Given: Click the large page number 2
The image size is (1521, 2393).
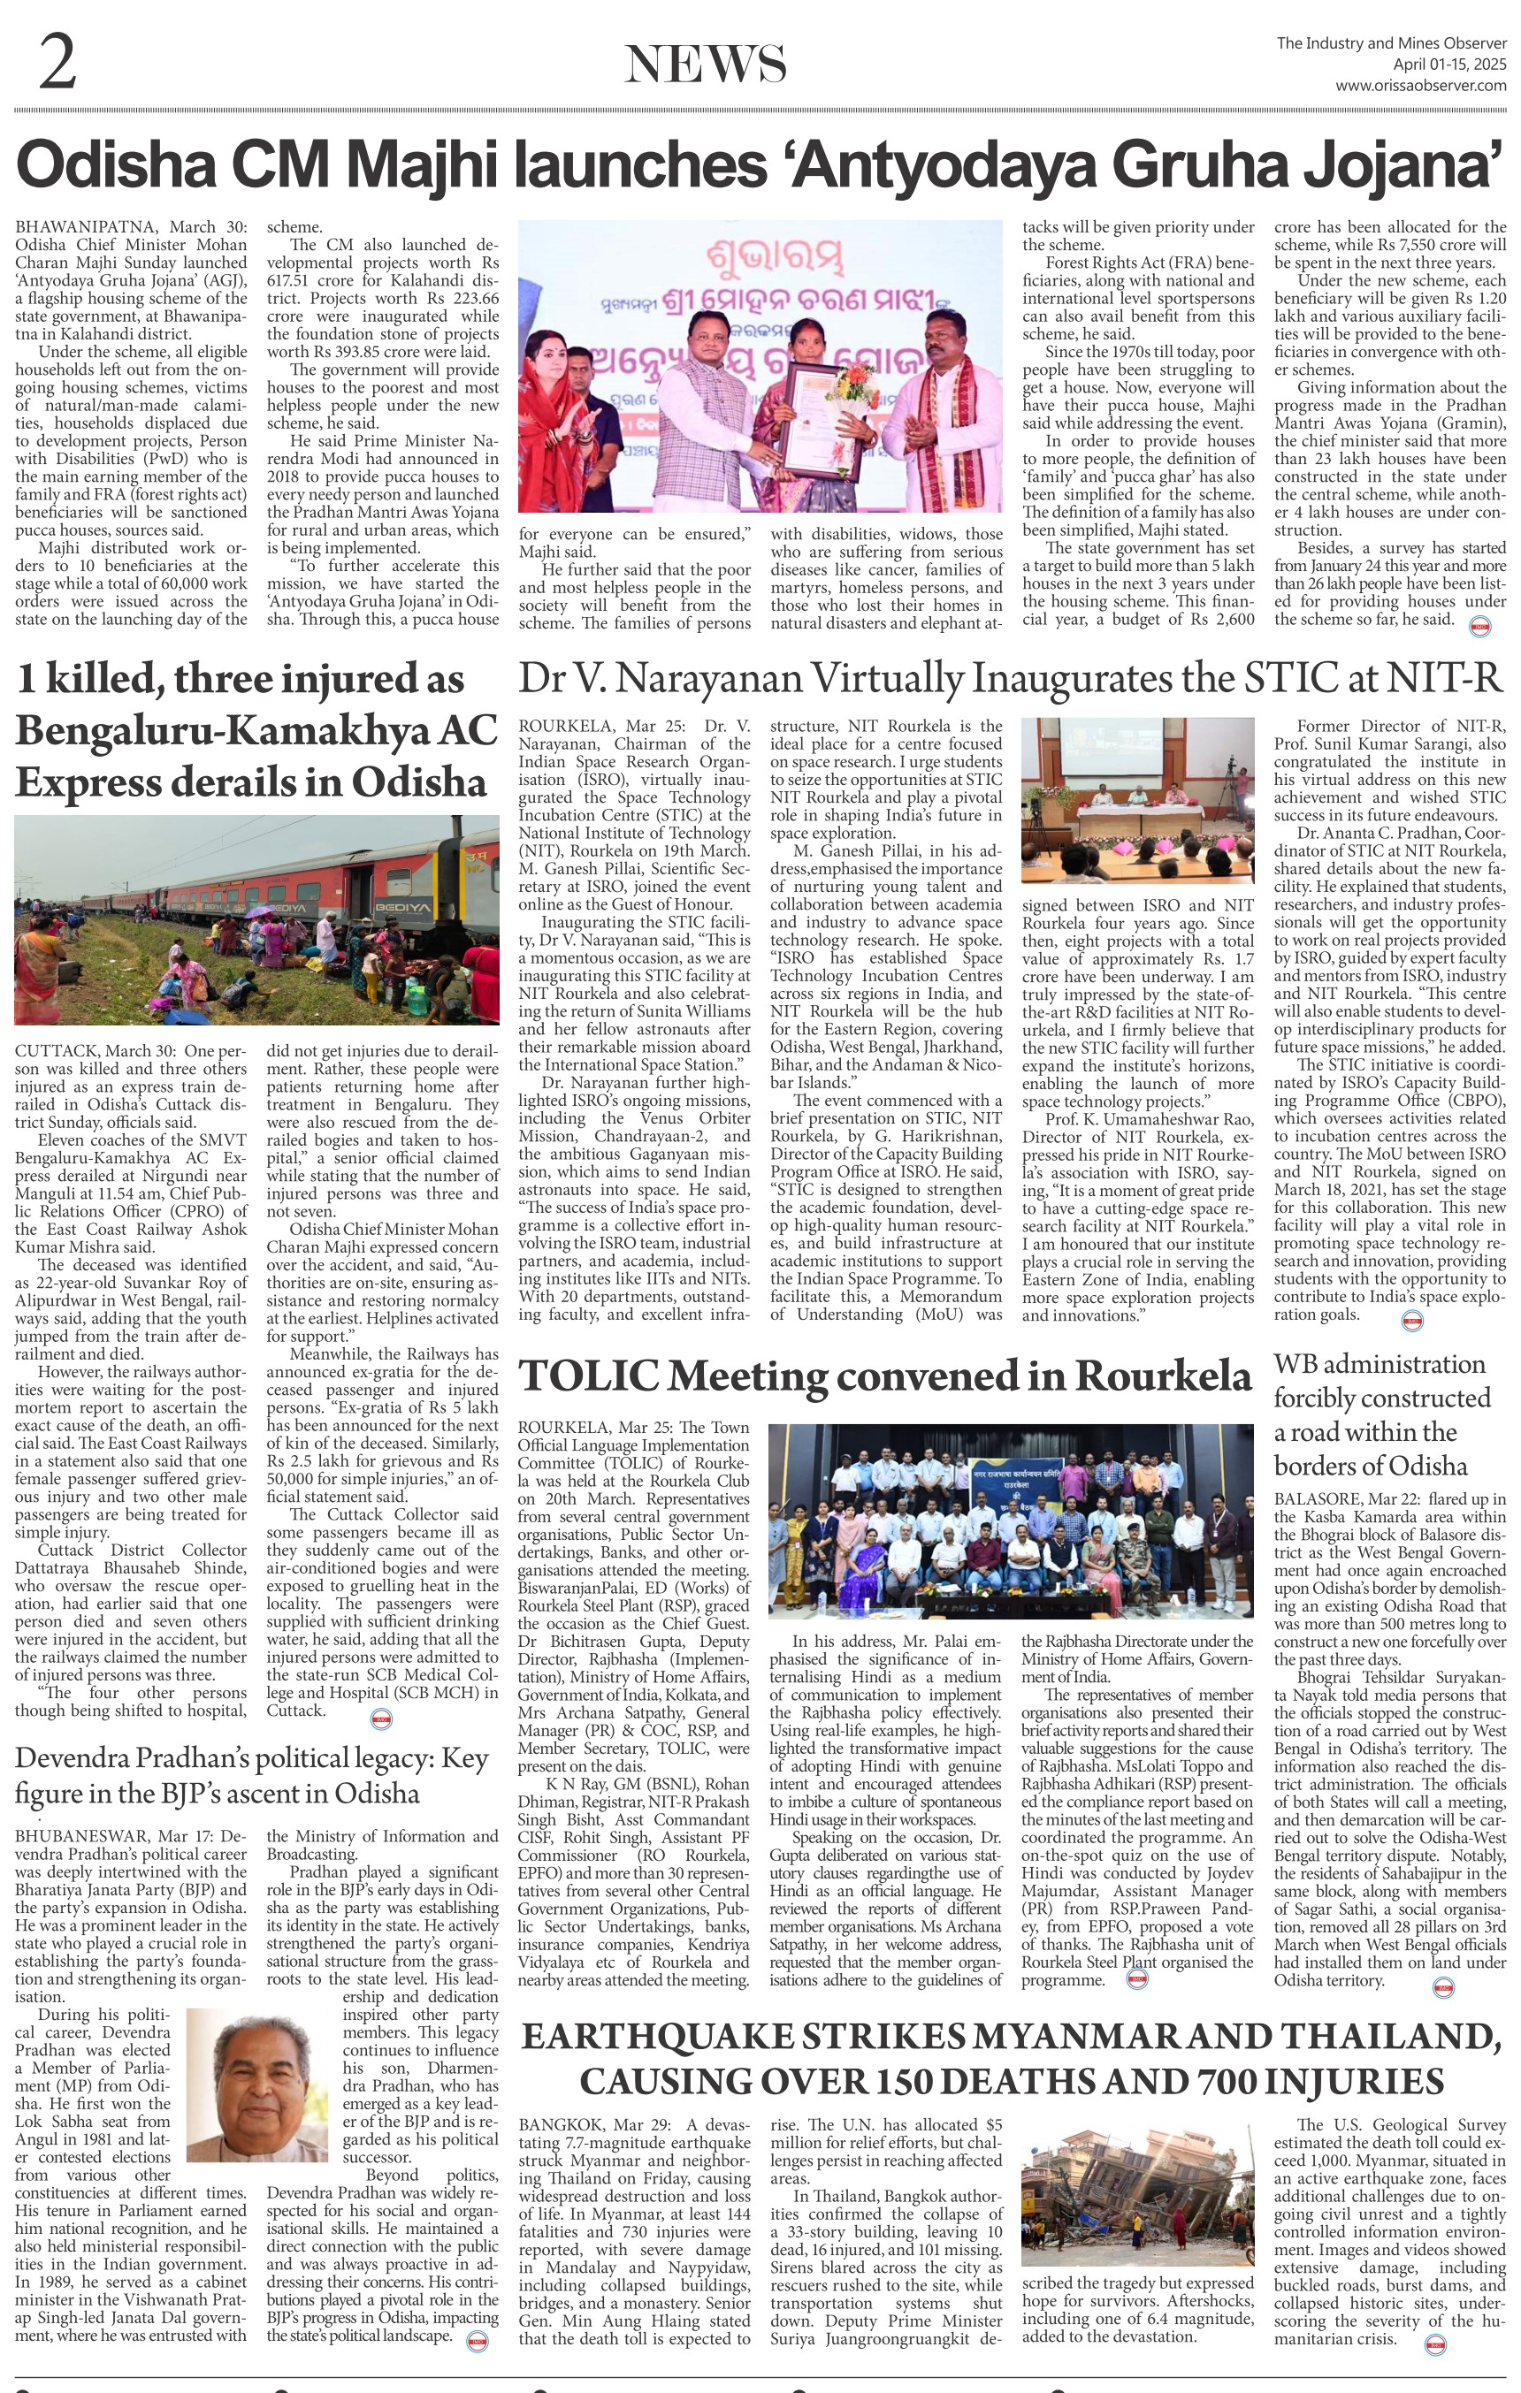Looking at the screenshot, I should (57, 62).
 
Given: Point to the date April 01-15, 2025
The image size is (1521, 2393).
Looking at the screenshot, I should (1448, 65).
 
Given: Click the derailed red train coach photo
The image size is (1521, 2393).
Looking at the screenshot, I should (256, 918).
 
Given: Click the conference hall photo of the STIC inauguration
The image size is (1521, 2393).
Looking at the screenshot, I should (1137, 800).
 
